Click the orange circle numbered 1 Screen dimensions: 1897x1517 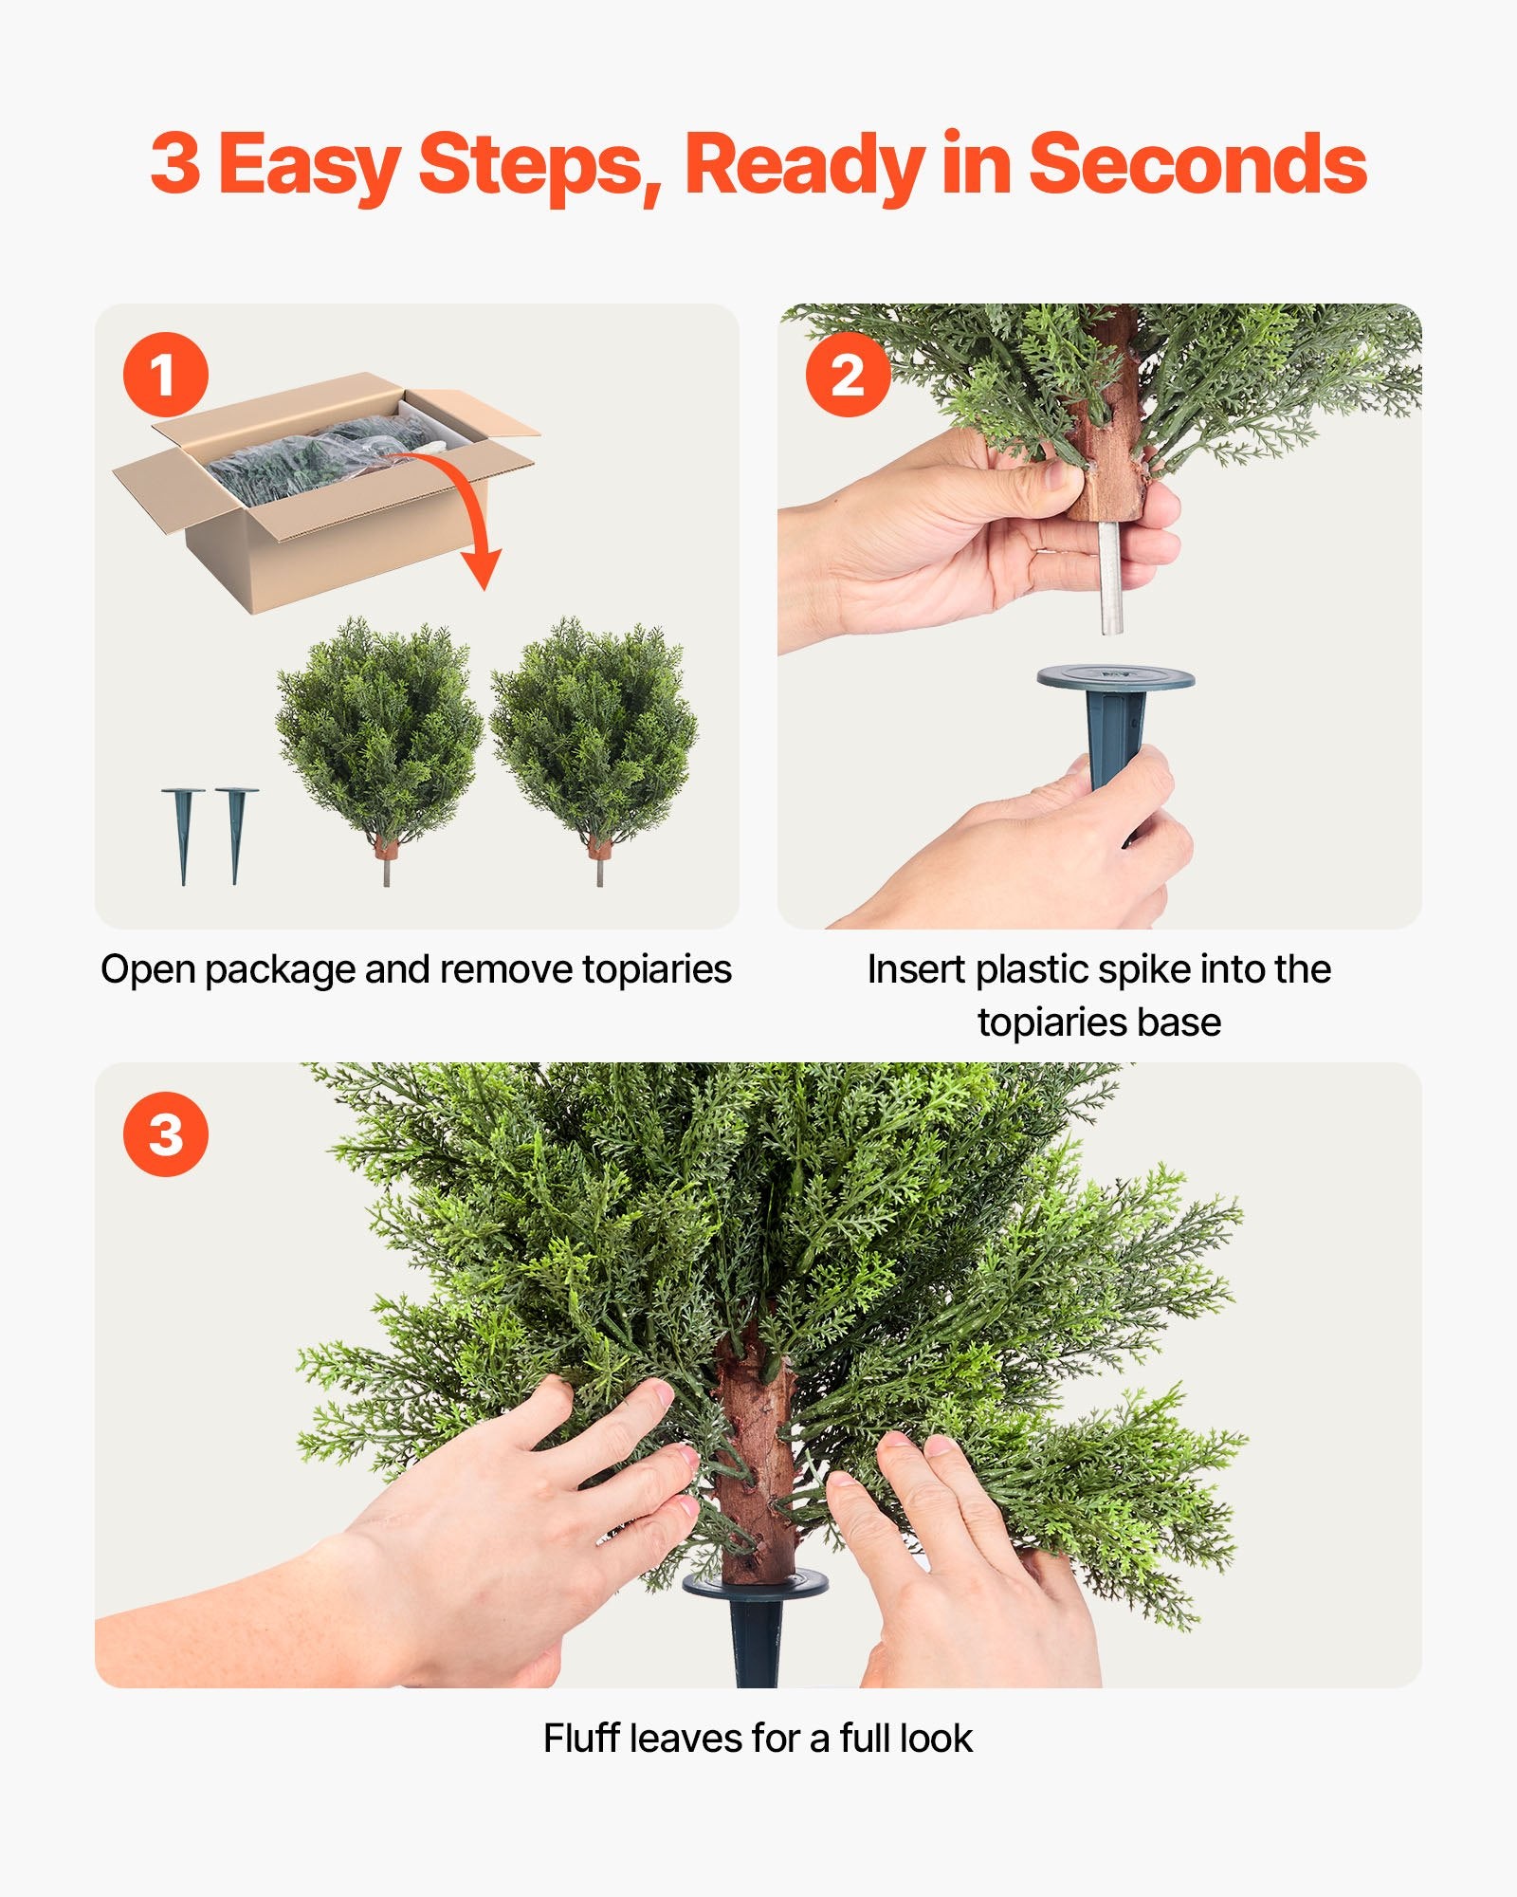coord(165,375)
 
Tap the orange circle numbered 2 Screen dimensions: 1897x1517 coord(848,375)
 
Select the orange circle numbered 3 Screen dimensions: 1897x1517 coord(165,1134)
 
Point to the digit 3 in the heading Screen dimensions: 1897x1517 coord(175,164)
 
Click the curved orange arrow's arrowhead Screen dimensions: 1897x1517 coord(483,568)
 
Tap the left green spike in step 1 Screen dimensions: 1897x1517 coord(183,831)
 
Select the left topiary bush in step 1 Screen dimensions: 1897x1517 coord(379,730)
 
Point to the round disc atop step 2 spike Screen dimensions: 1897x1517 coord(1115,677)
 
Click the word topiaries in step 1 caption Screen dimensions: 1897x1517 coord(656,969)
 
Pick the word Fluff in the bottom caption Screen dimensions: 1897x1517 coord(580,1739)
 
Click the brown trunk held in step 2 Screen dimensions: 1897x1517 coord(1106,455)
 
